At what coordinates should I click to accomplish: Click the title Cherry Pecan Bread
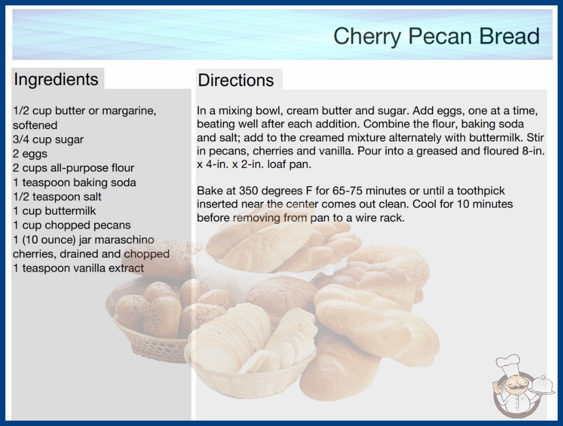[437, 37]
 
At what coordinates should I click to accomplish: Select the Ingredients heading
[56, 80]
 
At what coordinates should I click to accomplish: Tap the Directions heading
[236, 80]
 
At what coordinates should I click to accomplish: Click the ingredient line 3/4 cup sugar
[48, 140]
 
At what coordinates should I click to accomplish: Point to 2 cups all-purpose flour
[74, 168]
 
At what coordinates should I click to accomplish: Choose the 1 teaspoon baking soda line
[75, 182]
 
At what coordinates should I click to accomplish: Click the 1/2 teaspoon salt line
[57, 197]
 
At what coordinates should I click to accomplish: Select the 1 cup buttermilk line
[54, 211]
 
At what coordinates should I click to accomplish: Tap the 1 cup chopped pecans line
[72, 225]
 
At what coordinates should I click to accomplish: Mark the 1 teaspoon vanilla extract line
[78, 268]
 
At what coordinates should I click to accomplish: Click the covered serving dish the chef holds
[543, 386]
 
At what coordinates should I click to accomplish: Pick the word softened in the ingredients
[35, 125]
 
